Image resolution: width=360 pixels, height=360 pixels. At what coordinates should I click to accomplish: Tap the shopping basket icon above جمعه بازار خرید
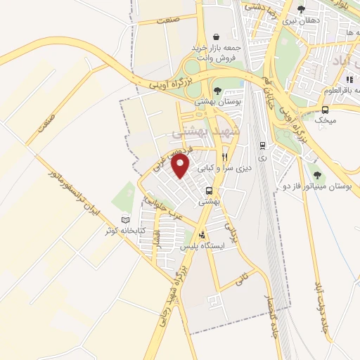click(217, 37)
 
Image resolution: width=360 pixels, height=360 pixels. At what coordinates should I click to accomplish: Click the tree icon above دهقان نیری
click(301, 10)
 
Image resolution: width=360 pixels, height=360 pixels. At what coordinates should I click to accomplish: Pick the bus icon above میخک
click(325, 110)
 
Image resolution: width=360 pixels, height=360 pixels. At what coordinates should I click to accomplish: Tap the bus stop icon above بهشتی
click(209, 191)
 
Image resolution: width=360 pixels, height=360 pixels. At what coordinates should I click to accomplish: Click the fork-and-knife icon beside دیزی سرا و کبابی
click(224, 157)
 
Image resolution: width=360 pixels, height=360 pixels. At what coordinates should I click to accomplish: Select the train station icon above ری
click(262, 146)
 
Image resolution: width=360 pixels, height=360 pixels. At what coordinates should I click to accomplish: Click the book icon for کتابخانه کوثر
click(126, 219)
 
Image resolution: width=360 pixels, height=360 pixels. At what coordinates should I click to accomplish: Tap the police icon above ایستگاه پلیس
click(202, 236)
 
